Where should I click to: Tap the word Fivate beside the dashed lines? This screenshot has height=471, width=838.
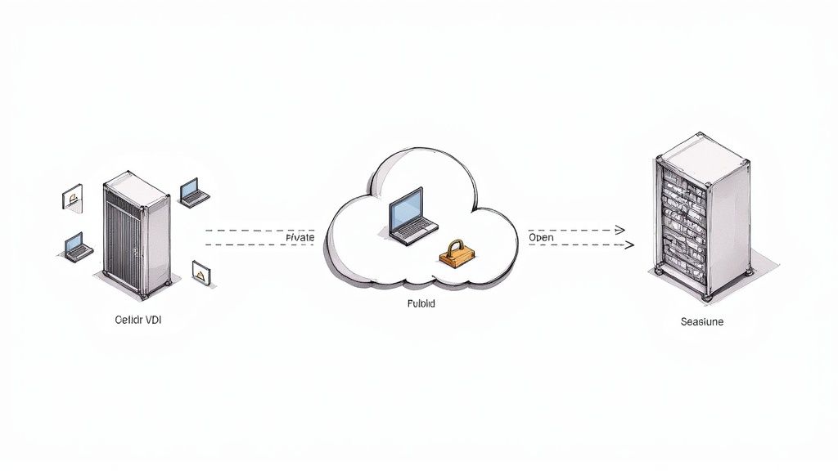pos(300,237)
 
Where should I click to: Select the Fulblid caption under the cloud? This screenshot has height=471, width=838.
pos(421,303)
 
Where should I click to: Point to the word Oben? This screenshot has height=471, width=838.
pos(541,237)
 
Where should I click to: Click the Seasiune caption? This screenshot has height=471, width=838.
pos(701,322)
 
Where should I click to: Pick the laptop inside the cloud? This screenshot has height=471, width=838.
pos(408,217)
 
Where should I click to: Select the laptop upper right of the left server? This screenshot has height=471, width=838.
pos(194,192)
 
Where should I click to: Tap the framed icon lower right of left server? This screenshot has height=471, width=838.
pos(199,272)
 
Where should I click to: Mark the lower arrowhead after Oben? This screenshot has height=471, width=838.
pos(628,244)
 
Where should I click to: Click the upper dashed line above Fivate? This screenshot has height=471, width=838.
pos(246,231)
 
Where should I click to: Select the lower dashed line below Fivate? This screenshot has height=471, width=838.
pos(246,244)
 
